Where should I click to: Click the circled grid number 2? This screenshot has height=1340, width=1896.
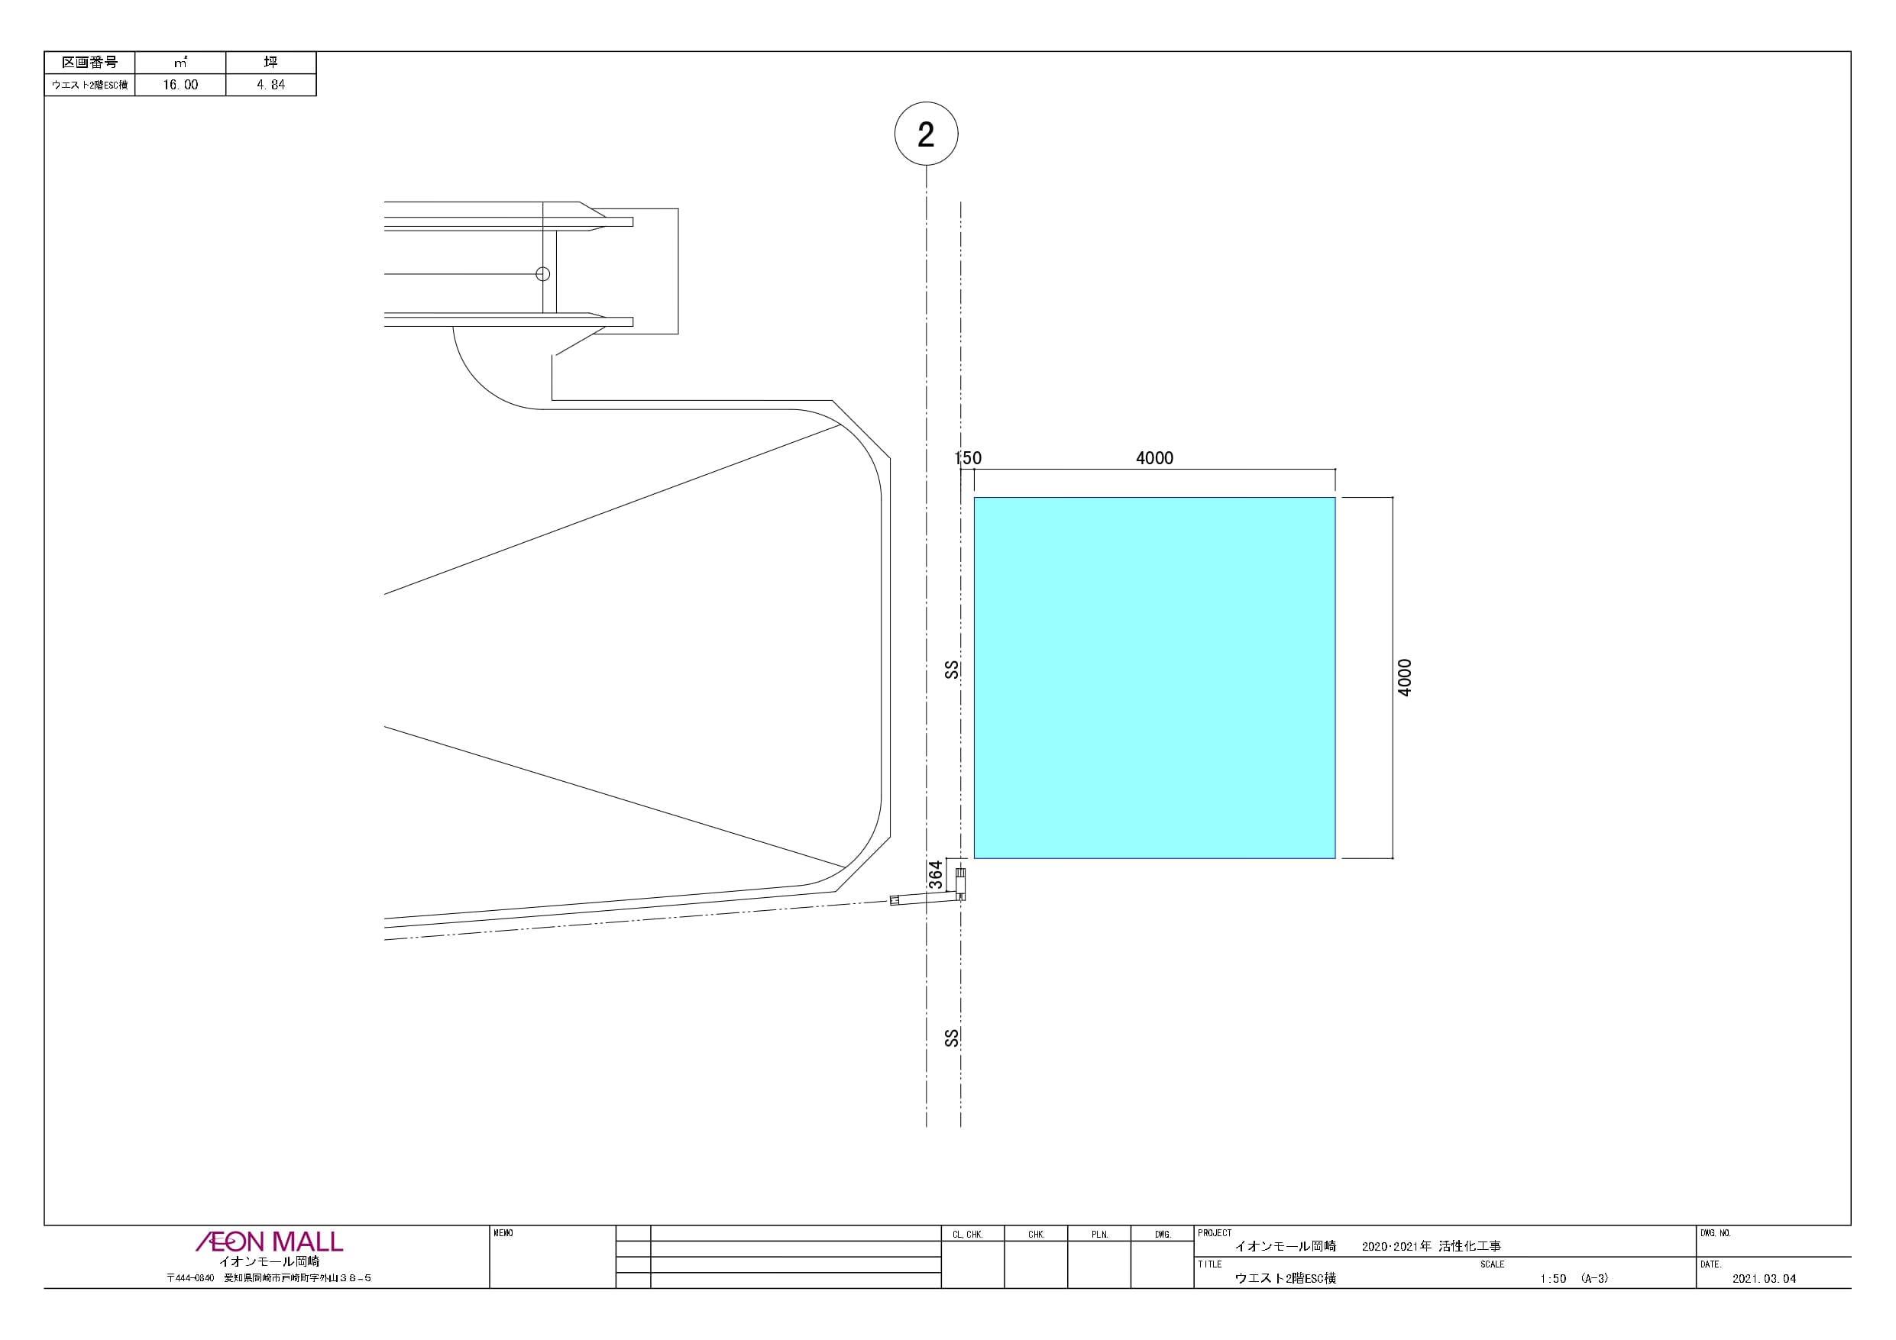(x=926, y=134)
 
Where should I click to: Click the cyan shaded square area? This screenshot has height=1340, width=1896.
(x=1154, y=678)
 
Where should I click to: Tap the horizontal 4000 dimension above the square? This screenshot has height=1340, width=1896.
(x=1154, y=458)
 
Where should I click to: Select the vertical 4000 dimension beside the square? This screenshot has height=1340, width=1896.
(x=1405, y=678)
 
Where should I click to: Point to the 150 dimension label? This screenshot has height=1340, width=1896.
(x=968, y=458)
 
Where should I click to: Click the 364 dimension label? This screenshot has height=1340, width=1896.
(x=936, y=875)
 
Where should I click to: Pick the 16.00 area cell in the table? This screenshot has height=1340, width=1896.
(x=180, y=85)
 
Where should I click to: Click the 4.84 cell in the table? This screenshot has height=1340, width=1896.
(x=271, y=85)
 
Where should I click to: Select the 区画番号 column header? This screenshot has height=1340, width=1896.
(x=90, y=63)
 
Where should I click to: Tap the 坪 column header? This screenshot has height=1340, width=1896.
(x=271, y=62)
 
